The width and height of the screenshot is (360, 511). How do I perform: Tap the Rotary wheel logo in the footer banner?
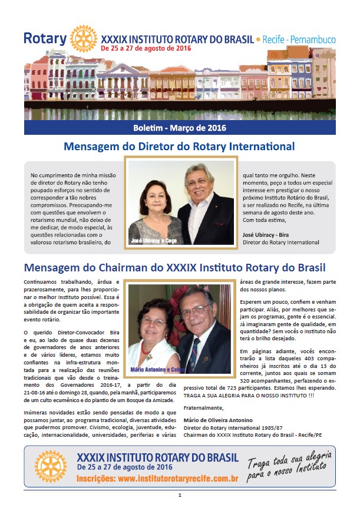[x=51, y=467]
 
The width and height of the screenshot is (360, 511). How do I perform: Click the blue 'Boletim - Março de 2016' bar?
[x=180, y=128]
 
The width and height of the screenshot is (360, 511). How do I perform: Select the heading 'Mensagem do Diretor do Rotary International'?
[x=179, y=147]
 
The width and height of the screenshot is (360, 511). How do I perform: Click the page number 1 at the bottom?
[x=180, y=496]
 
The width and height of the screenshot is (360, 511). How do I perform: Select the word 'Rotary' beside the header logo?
[x=45, y=39]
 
